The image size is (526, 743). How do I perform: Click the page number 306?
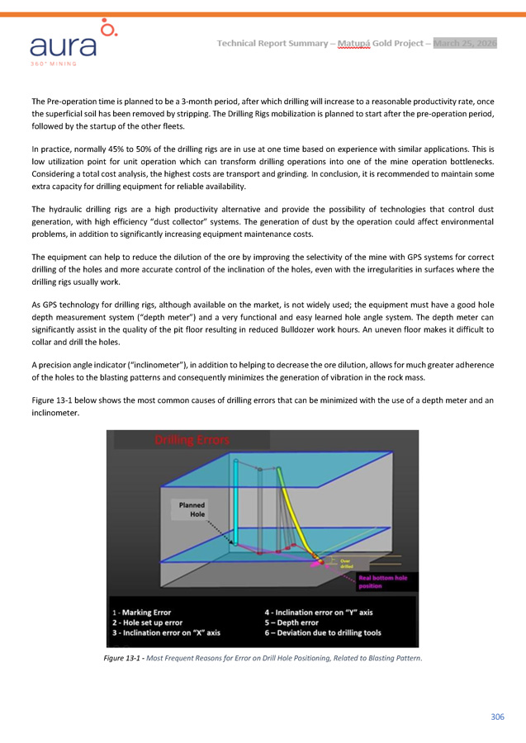point(496,717)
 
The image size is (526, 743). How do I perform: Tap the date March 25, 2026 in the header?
point(465,43)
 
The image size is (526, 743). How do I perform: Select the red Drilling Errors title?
point(192,440)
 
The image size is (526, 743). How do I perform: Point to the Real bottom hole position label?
point(382,582)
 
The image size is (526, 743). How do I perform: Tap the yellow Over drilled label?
point(346,564)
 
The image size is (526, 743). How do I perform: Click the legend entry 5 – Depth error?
point(291,622)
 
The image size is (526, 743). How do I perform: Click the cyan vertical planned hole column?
point(235,504)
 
